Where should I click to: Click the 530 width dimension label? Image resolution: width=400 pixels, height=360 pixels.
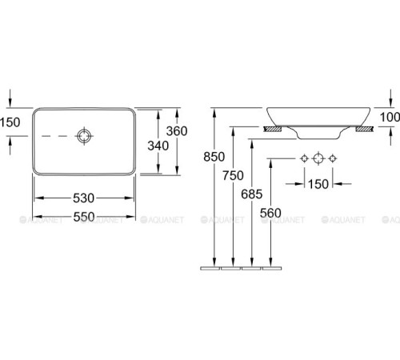click(x=83, y=198)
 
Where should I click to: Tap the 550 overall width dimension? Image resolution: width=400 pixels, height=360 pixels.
click(x=84, y=217)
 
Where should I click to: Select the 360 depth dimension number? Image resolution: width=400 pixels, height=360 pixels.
click(x=177, y=131)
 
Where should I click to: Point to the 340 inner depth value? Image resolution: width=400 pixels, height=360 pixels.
click(x=158, y=146)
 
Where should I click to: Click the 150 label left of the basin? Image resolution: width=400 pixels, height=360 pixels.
click(x=10, y=122)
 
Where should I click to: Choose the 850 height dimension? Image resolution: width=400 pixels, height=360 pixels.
click(x=214, y=157)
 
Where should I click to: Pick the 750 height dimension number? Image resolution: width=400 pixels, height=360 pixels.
click(x=233, y=175)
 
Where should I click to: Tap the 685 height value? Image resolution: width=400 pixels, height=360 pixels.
click(x=252, y=194)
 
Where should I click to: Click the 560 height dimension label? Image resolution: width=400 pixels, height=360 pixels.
click(x=270, y=213)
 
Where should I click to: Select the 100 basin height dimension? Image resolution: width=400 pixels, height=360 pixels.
click(x=390, y=118)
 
